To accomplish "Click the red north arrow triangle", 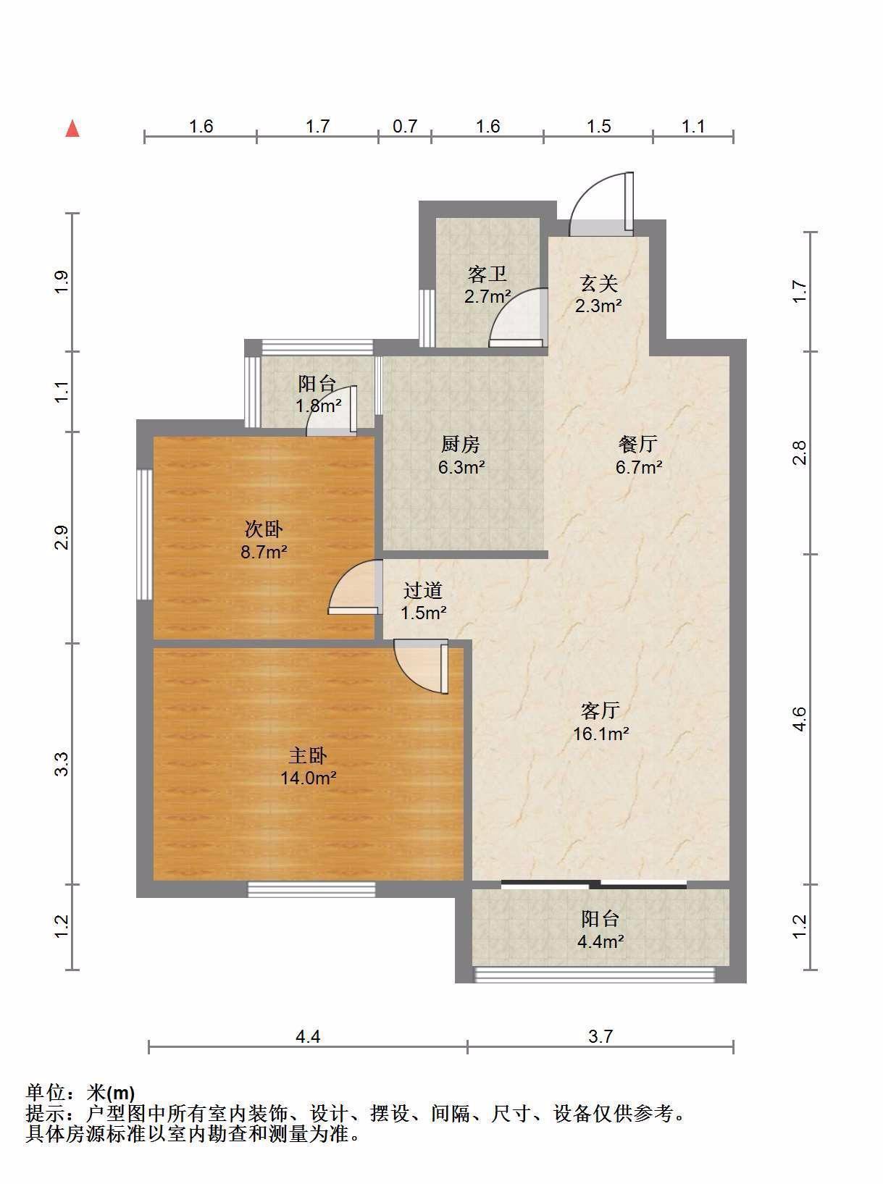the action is pyautogui.click(x=72, y=130).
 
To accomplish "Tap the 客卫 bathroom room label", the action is pyautogui.click(x=487, y=274).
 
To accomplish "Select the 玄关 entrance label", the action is pyautogui.click(x=598, y=283).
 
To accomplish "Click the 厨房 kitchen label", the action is pyautogui.click(x=460, y=444).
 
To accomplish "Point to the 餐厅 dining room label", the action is pyautogui.click(x=638, y=444).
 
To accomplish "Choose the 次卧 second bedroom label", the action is pyautogui.click(x=263, y=529).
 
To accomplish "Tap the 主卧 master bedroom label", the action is pyautogui.click(x=308, y=755).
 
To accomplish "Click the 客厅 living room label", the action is pyautogui.click(x=600, y=710).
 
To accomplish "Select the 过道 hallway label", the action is pyautogui.click(x=423, y=590).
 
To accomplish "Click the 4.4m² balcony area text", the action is pyautogui.click(x=600, y=941).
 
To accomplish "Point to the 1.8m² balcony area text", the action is pyautogui.click(x=318, y=405).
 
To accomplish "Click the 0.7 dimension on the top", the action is pyautogui.click(x=404, y=126).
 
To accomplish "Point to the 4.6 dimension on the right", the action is pyautogui.click(x=800, y=718).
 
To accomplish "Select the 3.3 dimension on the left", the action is pyautogui.click(x=62, y=764).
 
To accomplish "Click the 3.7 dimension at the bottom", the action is pyautogui.click(x=600, y=1036).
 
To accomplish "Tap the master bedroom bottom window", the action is pyautogui.click(x=311, y=889).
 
